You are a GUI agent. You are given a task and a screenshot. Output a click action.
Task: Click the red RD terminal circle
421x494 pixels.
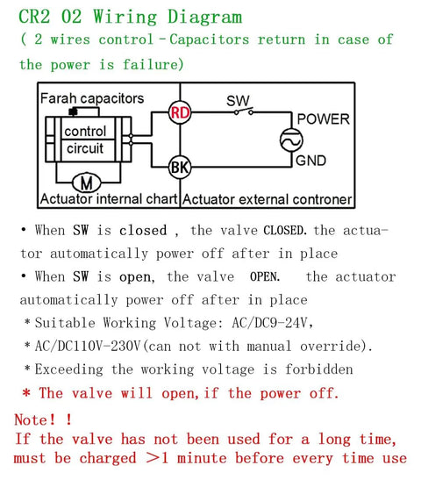point(180,112)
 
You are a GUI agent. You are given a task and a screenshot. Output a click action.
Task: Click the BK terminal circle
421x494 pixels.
point(180,167)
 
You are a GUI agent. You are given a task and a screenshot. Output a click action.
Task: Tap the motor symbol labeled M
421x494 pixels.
point(87,183)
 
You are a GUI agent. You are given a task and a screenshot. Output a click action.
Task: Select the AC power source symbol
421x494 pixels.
point(291,140)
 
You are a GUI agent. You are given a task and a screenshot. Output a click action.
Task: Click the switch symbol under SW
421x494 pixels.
point(244,111)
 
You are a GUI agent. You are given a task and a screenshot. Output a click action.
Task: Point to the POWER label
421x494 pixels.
point(324,119)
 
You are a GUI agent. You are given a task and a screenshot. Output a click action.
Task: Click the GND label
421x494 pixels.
point(310,161)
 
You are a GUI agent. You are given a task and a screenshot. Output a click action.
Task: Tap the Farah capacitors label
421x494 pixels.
point(92,98)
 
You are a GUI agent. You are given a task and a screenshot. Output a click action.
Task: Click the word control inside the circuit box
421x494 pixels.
point(85,132)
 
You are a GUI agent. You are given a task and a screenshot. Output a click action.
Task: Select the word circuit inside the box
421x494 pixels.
point(85,148)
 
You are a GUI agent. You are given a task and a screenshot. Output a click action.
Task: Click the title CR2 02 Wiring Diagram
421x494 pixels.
point(131,17)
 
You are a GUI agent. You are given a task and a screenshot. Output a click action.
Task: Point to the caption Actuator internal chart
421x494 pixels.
point(109,199)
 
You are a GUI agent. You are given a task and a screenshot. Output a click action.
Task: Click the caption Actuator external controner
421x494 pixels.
point(267,200)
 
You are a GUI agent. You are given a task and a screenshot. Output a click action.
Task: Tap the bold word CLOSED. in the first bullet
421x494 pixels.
point(285,230)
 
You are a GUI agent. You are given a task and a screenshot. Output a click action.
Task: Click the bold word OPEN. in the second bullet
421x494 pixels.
point(265,276)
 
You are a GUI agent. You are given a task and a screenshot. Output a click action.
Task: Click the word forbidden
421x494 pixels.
point(319,369)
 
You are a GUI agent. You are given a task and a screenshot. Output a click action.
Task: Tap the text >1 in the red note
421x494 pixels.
point(158,458)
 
